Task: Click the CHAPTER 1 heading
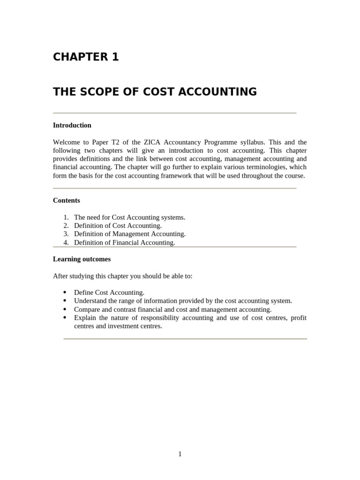point(86,57)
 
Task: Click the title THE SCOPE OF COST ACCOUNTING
point(155,92)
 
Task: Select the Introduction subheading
point(72,125)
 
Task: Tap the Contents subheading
point(66,200)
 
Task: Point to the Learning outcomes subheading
point(82,259)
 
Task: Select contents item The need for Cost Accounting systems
point(129,217)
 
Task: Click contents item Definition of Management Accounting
point(129,234)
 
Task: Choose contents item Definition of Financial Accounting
point(124,242)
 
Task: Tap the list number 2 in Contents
point(66,225)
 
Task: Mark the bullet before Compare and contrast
point(64,309)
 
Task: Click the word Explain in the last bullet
point(85,318)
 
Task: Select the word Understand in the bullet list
point(90,301)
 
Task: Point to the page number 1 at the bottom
point(180,454)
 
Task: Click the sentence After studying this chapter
point(122,276)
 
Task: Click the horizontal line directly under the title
point(174,113)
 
